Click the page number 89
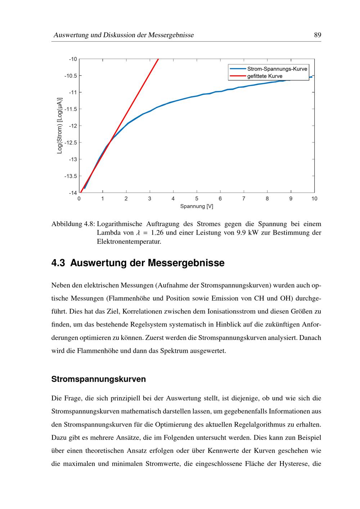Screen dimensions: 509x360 click(x=317, y=35)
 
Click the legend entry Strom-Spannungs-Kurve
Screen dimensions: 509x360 click(x=277, y=69)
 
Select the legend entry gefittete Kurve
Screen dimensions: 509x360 click(x=265, y=76)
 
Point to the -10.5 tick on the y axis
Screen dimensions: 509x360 click(x=71, y=76)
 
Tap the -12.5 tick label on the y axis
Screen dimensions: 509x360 click(x=71, y=143)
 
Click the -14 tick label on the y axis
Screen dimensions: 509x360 click(x=73, y=193)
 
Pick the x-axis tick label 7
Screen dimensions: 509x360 click(x=244, y=199)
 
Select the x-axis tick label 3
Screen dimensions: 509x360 click(x=150, y=199)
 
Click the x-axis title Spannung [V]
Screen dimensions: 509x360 click(x=197, y=207)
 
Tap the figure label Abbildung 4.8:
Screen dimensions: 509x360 click(x=73, y=224)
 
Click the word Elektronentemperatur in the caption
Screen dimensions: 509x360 click(x=129, y=242)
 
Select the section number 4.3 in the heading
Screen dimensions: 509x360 click(x=58, y=263)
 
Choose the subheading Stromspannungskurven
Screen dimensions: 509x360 click(x=99, y=379)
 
